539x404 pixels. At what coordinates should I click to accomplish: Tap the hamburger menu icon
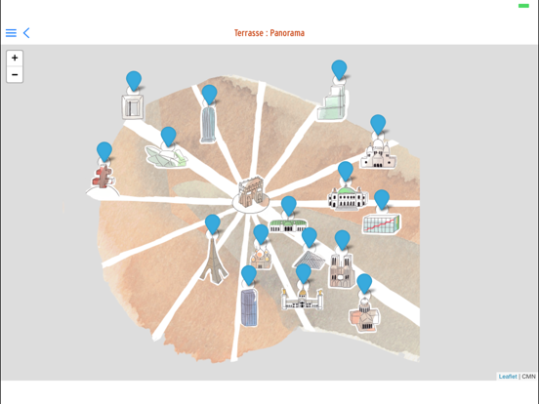[11, 32]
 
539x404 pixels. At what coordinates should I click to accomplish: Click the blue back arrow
[26, 32]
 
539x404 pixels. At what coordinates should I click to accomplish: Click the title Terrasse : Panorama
[269, 33]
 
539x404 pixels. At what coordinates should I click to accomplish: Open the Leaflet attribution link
[508, 377]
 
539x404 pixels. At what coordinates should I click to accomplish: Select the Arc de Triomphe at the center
[251, 193]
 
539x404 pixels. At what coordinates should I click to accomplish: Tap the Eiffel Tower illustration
[214, 260]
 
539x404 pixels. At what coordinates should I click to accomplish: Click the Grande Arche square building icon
[133, 106]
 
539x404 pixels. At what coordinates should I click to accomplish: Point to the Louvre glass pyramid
[309, 260]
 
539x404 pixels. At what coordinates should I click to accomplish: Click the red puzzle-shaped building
[103, 177]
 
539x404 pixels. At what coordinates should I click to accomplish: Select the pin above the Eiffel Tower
[213, 224]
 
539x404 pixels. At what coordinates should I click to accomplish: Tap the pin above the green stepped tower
[339, 70]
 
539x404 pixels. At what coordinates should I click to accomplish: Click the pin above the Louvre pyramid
[309, 237]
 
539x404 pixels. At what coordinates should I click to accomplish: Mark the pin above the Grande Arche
[134, 81]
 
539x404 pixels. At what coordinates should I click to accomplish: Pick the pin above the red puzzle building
[104, 152]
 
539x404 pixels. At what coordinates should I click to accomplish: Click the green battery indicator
[523, 6]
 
